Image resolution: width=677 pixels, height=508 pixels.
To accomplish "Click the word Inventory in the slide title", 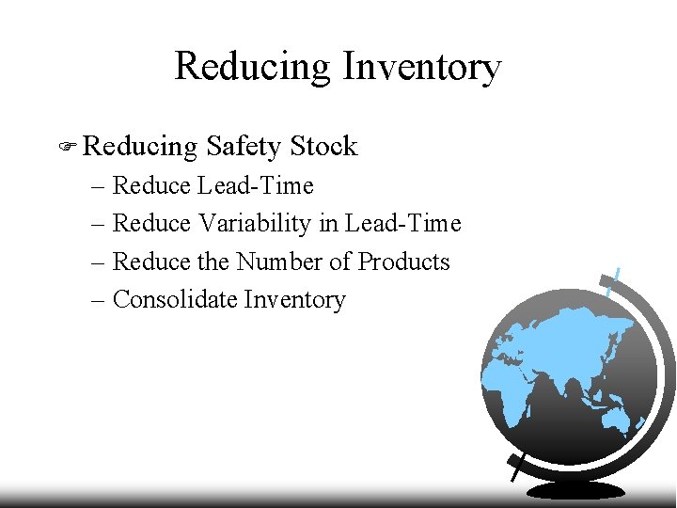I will (x=421, y=68).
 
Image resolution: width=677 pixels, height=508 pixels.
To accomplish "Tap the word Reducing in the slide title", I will (x=253, y=68).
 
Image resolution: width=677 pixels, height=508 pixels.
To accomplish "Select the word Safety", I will (x=243, y=147).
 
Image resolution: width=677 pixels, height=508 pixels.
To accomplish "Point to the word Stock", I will (x=323, y=147).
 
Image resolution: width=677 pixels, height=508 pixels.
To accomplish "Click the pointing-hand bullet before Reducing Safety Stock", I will (x=67, y=147).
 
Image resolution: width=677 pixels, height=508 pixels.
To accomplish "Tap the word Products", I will (x=404, y=262).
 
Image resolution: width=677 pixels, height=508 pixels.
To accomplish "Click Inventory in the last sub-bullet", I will (x=294, y=300).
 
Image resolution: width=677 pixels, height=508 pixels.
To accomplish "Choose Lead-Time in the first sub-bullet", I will (x=256, y=185).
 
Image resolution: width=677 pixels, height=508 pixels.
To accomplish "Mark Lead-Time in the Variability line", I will (x=403, y=224).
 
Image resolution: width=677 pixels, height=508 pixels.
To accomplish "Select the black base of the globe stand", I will (x=575, y=490).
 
